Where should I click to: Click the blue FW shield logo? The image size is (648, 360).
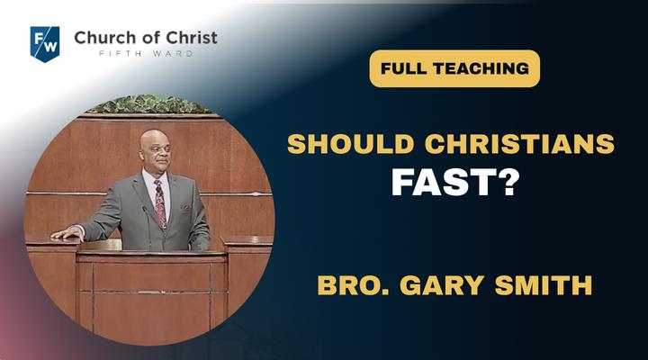pos(45,44)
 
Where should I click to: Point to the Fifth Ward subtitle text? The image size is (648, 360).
pos(147,54)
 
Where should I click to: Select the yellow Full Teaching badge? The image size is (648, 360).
pos(454,68)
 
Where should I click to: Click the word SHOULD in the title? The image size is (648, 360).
pos(350,144)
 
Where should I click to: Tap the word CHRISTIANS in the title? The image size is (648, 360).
pos(519,144)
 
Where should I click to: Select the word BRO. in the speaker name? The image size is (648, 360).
pos(354,285)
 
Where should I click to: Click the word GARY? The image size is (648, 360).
pos(442,285)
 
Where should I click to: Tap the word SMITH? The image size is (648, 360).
pos(543,285)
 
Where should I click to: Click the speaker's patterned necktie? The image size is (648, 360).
pos(160,203)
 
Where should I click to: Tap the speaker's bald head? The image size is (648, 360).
pos(155,142)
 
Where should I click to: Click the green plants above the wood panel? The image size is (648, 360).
pos(148,104)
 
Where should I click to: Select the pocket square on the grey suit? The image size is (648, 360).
pos(184,206)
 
